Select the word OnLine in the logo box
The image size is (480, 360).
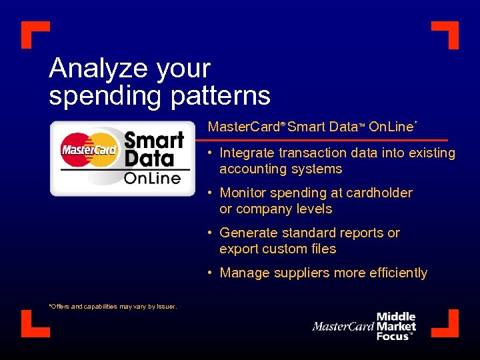[152, 177]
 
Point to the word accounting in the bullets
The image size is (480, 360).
[250, 169]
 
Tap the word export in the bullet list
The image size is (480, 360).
[239, 249]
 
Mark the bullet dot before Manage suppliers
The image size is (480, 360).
[209, 273]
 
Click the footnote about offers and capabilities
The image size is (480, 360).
[113, 307]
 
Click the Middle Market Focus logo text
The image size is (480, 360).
[396, 327]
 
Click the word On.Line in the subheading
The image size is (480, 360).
[391, 127]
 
